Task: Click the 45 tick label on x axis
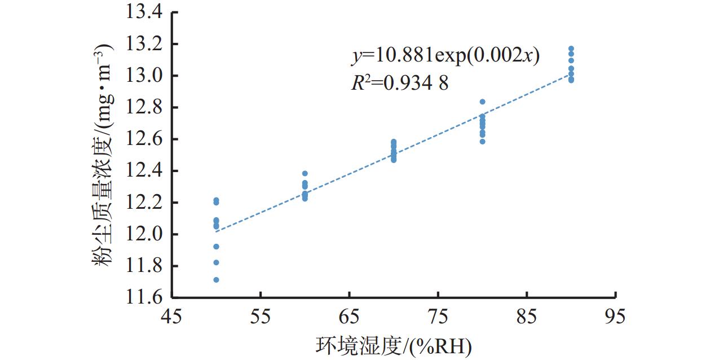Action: pos(172,317)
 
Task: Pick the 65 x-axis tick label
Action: pos(349,317)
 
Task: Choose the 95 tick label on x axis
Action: pos(615,317)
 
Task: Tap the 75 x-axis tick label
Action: pos(438,317)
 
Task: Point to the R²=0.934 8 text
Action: pos(399,84)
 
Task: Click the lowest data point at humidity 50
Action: pos(216,280)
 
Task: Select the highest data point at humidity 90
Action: pos(571,49)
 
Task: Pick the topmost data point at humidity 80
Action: pos(482,102)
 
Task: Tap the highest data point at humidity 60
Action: pos(305,174)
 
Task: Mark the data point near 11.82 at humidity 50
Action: pos(216,262)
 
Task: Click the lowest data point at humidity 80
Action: pos(482,142)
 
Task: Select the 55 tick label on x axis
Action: pos(261,317)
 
